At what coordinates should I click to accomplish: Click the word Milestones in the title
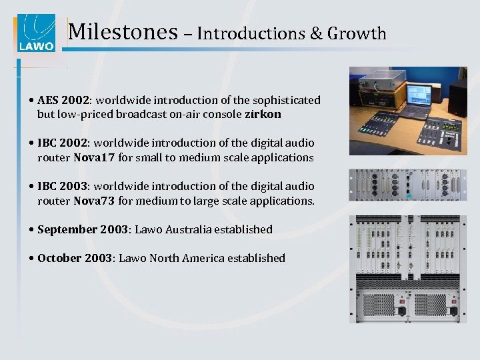point(123,32)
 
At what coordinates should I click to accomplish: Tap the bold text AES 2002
point(64,100)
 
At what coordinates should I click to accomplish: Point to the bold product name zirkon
point(263,115)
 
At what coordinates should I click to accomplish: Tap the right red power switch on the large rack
point(453,311)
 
